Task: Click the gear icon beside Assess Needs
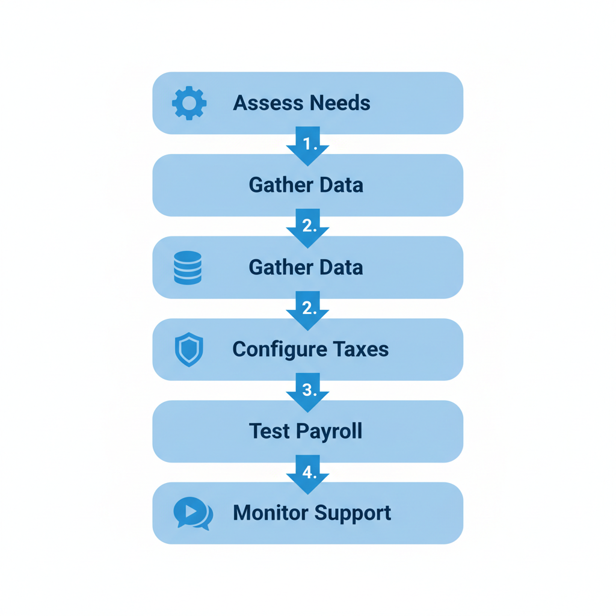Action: [189, 103]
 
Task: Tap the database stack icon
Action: [188, 267]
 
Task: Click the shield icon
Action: [189, 350]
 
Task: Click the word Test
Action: [269, 431]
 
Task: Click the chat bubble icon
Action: [192, 513]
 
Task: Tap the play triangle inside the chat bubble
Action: [191, 511]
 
